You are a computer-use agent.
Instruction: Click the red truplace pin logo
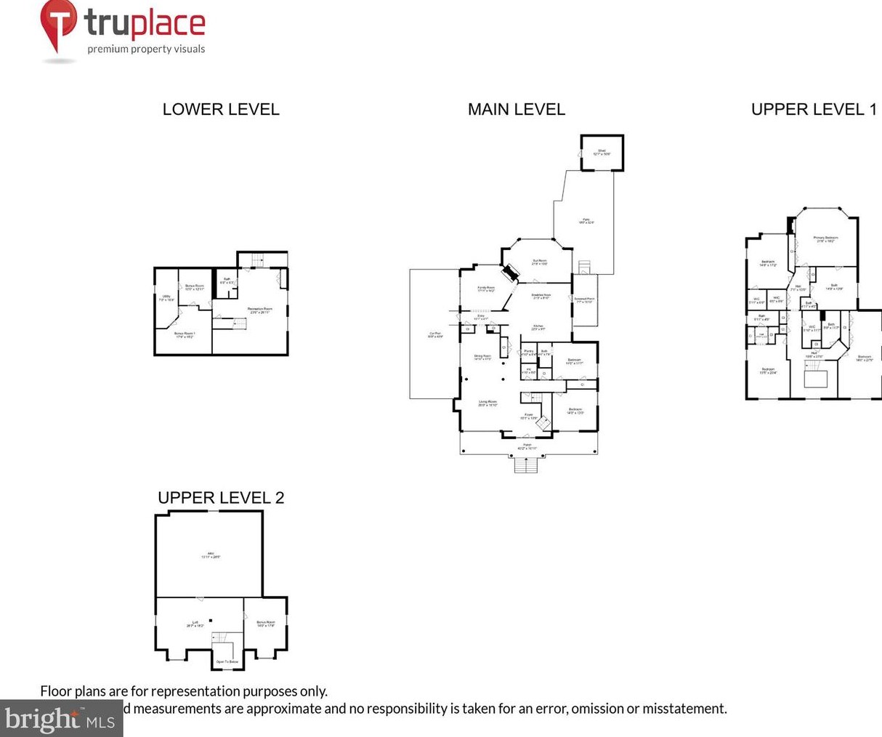point(58,25)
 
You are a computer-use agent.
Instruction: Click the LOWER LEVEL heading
point(221,109)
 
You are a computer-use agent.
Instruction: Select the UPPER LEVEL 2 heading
point(221,498)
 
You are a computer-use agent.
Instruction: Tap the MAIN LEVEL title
point(516,109)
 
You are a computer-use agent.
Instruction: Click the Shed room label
point(602,153)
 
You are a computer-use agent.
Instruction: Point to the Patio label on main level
point(586,221)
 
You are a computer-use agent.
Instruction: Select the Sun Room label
point(539,262)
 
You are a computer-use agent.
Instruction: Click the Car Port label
point(435,335)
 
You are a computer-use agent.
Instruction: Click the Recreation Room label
point(259,310)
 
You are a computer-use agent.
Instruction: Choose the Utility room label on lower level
point(166,297)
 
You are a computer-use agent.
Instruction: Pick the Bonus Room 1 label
point(184,335)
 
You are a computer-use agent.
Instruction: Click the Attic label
point(211,555)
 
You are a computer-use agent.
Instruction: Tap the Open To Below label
point(227,662)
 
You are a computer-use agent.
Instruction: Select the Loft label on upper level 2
point(195,624)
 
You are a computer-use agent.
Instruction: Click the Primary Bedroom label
point(825,239)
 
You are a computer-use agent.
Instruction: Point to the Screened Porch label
point(584,300)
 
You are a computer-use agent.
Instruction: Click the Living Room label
point(487,403)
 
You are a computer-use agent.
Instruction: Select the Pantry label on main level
point(528,353)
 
